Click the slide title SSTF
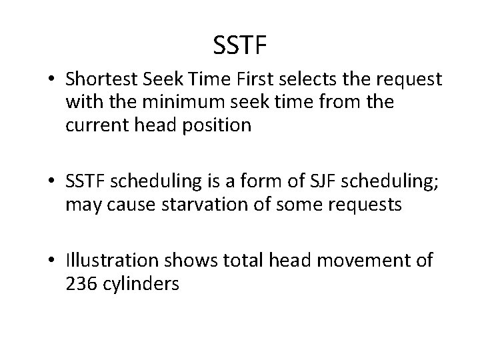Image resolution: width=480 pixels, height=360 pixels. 240,45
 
